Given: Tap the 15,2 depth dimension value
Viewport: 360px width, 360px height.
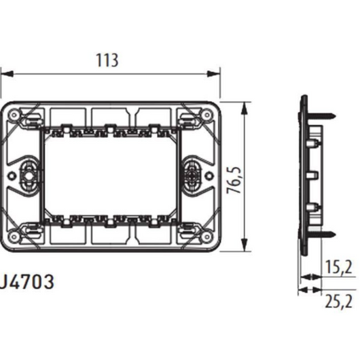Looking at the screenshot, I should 338,267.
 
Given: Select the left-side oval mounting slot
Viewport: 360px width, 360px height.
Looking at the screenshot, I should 29,176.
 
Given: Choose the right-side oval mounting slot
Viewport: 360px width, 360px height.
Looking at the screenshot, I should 192,176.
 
